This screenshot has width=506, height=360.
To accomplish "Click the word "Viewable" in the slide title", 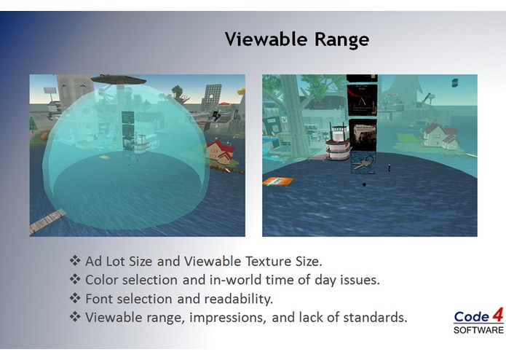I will coord(266,39).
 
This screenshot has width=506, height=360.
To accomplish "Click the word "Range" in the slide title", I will coord(341,39).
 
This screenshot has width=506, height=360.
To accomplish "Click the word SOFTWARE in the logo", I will coord(478,330).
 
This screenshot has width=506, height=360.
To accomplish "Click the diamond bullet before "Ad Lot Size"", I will coord(74,260).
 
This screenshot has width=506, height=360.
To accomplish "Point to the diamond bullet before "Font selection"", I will coord(74,298).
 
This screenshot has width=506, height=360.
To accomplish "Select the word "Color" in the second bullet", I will coord(102,279).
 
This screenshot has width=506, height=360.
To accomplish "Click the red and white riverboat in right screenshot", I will coord(337,144).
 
